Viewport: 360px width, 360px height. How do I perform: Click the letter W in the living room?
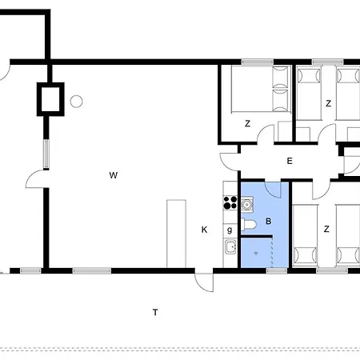coord(114,174)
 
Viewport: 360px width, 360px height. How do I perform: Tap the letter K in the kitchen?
coord(204,230)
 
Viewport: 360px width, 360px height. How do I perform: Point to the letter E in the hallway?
coord(290,162)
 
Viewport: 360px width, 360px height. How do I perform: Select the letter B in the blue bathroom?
coord(268,220)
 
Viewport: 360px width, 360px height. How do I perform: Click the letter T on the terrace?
coord(154,311)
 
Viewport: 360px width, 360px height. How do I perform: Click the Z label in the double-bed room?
coord(247,123)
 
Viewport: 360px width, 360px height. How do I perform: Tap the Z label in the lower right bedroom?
coord(326,229)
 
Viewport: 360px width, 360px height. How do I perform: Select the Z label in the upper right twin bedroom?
coord(328,102)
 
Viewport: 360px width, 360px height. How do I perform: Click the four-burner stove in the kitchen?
coord(230,202)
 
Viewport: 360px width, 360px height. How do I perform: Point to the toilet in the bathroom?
coord(249,227)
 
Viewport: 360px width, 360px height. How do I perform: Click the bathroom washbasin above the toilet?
coord(248,206)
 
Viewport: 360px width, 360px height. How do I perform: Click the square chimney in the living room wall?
coord(51,99)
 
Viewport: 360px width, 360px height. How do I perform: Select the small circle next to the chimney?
coord(77,102)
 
